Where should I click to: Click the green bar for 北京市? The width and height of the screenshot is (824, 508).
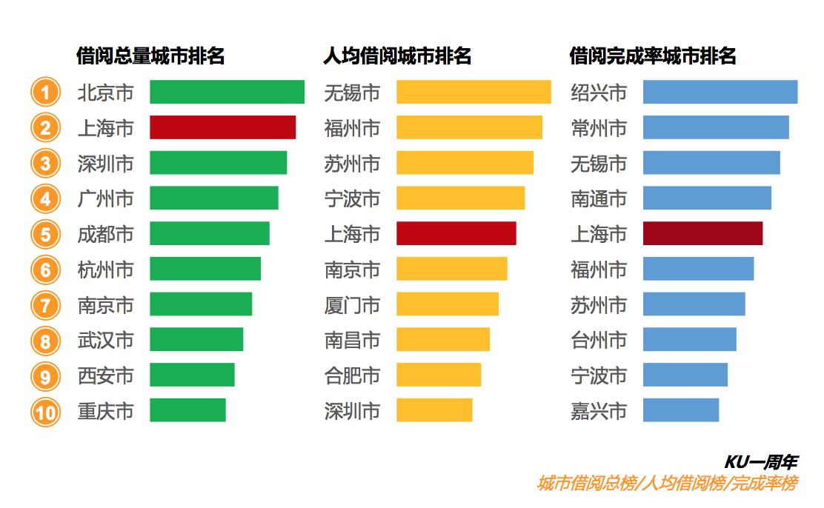(x=227, y=92)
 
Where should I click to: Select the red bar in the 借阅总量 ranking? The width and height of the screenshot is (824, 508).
(x=222, y=127)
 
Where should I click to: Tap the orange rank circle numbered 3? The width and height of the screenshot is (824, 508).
(x=45, y=163)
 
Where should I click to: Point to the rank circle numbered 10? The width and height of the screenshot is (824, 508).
(x=45, y=412)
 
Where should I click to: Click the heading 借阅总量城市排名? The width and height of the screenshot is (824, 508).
(x=150, y=56)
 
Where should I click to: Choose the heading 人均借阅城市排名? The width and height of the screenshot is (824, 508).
(x=397, y=56)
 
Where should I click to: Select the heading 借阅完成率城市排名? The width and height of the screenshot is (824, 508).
(x=652, y=56)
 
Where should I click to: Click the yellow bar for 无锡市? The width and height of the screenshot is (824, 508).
(x=474, y=92)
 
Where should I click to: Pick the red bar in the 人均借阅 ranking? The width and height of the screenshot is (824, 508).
(x=456, y=233)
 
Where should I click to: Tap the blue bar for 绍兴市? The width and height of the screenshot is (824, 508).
(x=720, y=92)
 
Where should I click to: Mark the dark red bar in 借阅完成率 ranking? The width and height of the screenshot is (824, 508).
(x=702, y=233)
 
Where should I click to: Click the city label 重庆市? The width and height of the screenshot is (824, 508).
(x=106, y=411)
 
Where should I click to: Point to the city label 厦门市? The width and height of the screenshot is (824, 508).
(x=352, y=304)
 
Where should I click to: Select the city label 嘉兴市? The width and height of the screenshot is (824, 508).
(x=599, y=411)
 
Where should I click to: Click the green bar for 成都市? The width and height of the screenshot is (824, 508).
(x=210, y=233)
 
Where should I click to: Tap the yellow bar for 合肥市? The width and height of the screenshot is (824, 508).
(x=439, y=375)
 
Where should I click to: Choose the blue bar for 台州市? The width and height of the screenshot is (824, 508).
(x=689, y=340)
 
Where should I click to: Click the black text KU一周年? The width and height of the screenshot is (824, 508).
(x=760, y=463)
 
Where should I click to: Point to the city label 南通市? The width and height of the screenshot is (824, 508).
(x=599, y=198)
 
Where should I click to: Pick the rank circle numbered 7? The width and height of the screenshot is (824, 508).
(x=45, y=305)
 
